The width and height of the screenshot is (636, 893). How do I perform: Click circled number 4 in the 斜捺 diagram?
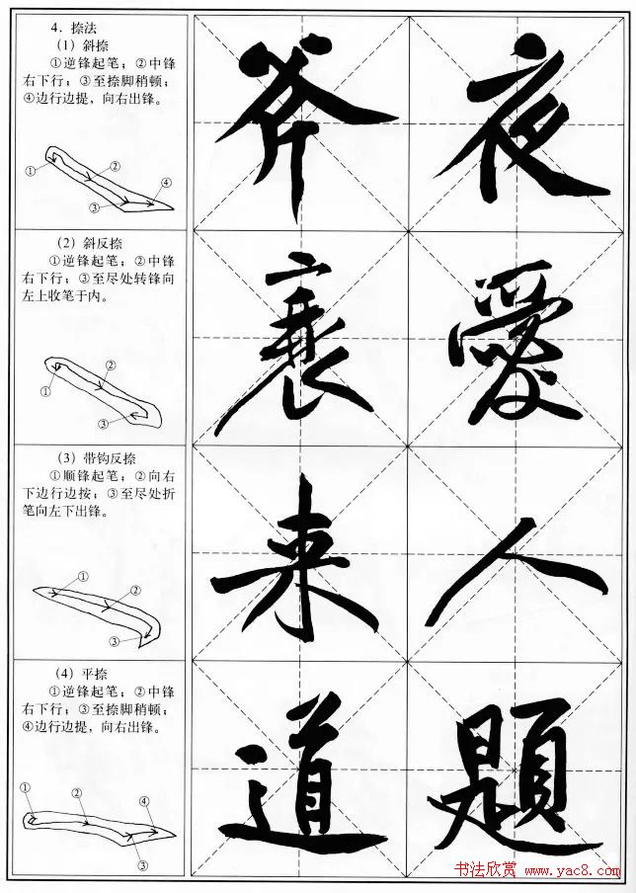(165, 182)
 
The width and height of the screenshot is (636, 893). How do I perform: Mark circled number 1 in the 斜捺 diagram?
(32, 170)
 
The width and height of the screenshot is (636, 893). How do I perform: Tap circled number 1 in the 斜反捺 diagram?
(45, 391)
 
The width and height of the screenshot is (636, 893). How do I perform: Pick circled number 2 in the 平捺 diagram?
(76, 793)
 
